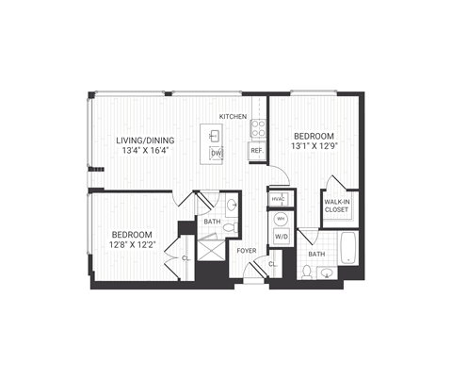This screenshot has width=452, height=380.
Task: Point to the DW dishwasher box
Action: [216, 154]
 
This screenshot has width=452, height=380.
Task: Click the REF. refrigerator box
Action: [255, 151]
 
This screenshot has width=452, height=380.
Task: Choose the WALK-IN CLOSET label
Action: [338, 205]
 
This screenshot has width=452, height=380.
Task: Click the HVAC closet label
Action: [278, 199]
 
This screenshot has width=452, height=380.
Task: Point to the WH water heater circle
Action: [281, 219]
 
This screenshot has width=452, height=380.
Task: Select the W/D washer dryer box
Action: [281, 238]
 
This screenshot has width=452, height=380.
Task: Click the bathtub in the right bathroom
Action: [349, 248]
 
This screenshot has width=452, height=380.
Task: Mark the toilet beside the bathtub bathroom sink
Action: [307, 272]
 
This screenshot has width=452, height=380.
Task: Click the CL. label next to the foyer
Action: [272, 264]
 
